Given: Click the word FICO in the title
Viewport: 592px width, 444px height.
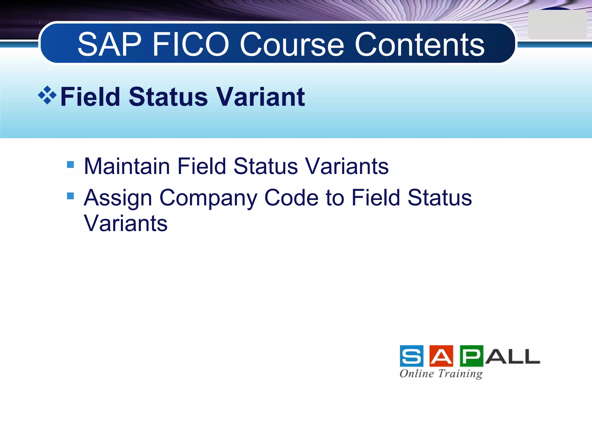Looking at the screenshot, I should click(x=191, y=45).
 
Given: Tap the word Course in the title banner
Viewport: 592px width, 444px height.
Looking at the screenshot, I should click(x=292, y=45).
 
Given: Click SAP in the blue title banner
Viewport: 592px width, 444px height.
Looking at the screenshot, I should click(x=109, y=45).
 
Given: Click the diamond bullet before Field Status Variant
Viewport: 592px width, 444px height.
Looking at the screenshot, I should click(x=47, y=95).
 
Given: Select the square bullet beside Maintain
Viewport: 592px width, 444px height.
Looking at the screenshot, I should click(x=70, y=165).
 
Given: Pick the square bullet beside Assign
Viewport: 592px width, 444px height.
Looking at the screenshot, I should click(x=70, y=196).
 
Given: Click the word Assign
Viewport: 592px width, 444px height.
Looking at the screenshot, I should click(x=118, y=198).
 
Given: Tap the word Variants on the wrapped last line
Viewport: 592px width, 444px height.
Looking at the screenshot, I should click(x=125, y=223).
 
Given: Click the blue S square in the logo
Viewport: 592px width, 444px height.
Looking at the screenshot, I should click(x=412, y=356).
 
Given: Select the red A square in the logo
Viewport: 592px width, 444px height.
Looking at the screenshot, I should click(x=441, y=356).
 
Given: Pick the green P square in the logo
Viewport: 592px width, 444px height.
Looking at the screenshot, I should click(x=471, y=356).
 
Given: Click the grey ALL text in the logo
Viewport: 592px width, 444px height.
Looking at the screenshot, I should click(x=512, y=357).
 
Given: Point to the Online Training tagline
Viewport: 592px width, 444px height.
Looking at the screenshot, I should click(x=441, y=373).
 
